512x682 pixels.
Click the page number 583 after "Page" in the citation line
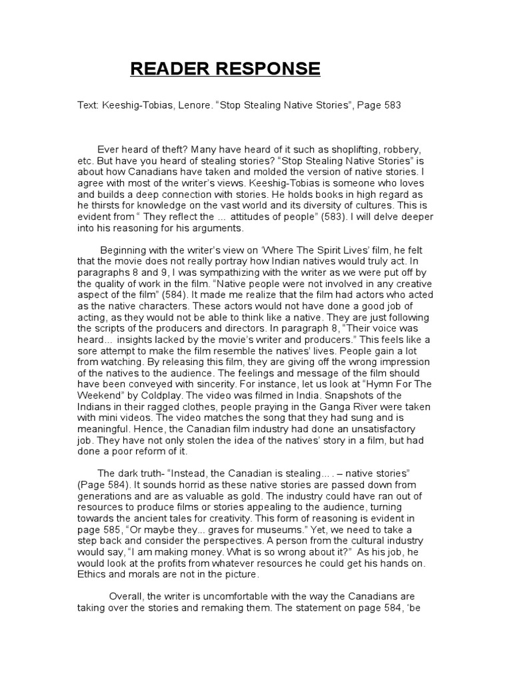click(x=391, y=105)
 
